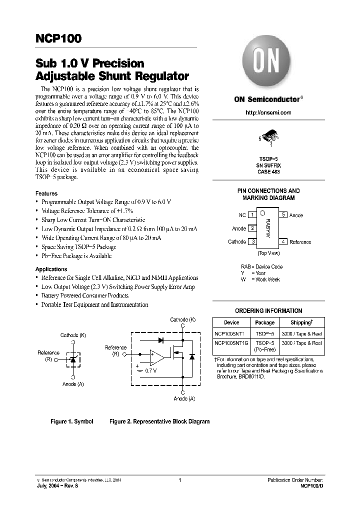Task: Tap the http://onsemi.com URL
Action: tap(268, 112)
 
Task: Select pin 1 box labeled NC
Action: tap(252, 215)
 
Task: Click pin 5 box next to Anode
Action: tap(283, 215)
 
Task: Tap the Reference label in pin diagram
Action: tap(300, 242)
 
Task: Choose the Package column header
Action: tap(264, 322)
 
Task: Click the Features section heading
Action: tap(46, 193)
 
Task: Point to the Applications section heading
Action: tap(51, 269)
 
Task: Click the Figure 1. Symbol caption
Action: tap(72, 421)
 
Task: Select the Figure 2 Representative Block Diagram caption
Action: tap(159, 421)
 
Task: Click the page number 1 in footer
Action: tap(179, 480)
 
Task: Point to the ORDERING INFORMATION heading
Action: tap(268, 310)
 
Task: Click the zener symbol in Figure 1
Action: tap(73, 359)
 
